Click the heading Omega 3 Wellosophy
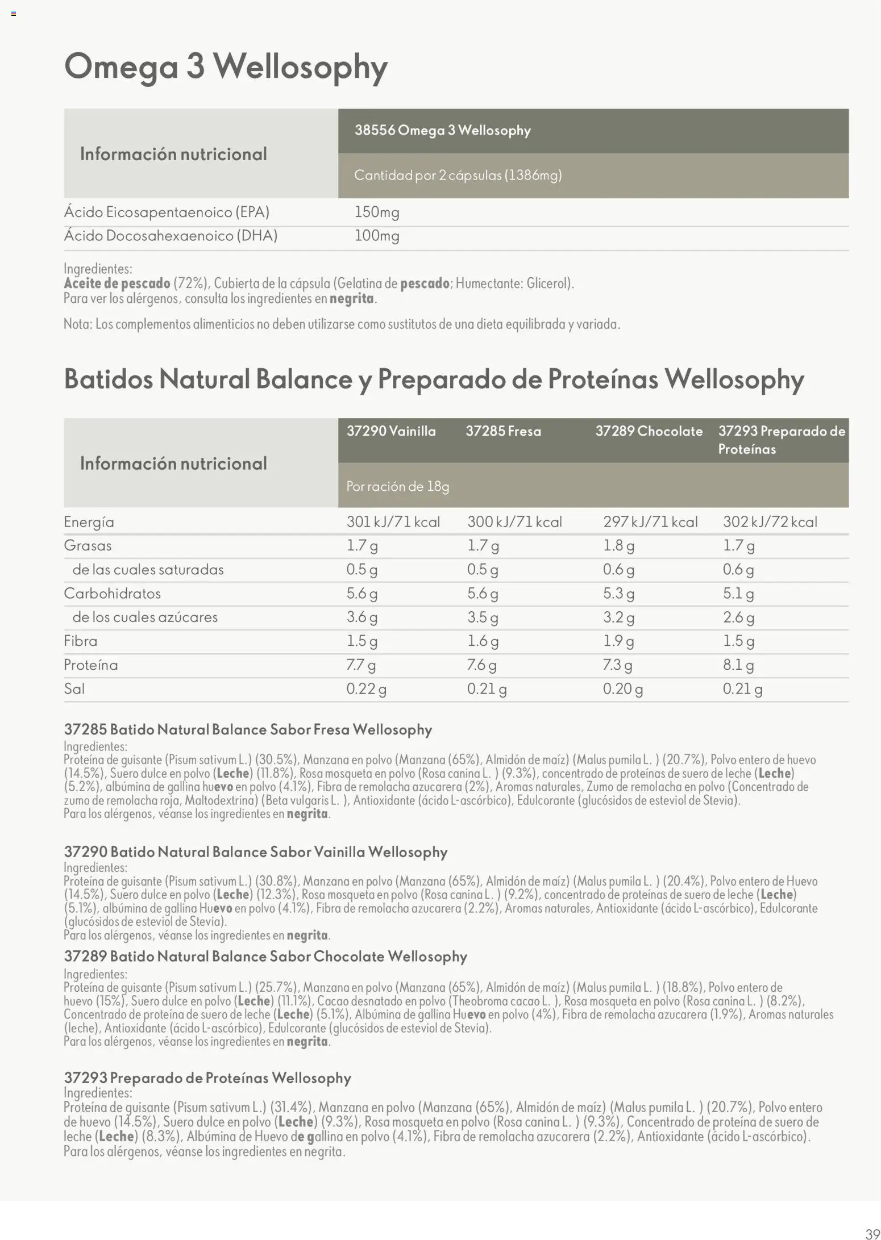pos(226,67)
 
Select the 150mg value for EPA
pos(377,212)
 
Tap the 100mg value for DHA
pos(377,236)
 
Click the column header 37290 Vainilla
pos(391,431)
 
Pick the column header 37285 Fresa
pos(503,431)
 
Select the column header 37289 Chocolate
pos(649,431)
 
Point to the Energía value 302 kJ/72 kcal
pos(770,522)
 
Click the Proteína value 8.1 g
pos(738,665)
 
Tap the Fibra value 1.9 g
pos(618,641)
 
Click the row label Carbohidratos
pos(112,594)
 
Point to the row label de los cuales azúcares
pos(144,617)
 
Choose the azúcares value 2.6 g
pos(738,617)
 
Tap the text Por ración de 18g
pos(398,486)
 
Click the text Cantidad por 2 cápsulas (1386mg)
pos(458,175)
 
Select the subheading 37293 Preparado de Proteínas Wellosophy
pos(207,1078)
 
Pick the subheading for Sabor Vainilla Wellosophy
pos(256,852)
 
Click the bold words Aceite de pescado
pos(117,283)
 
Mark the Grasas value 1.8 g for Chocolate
pos(618,546)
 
